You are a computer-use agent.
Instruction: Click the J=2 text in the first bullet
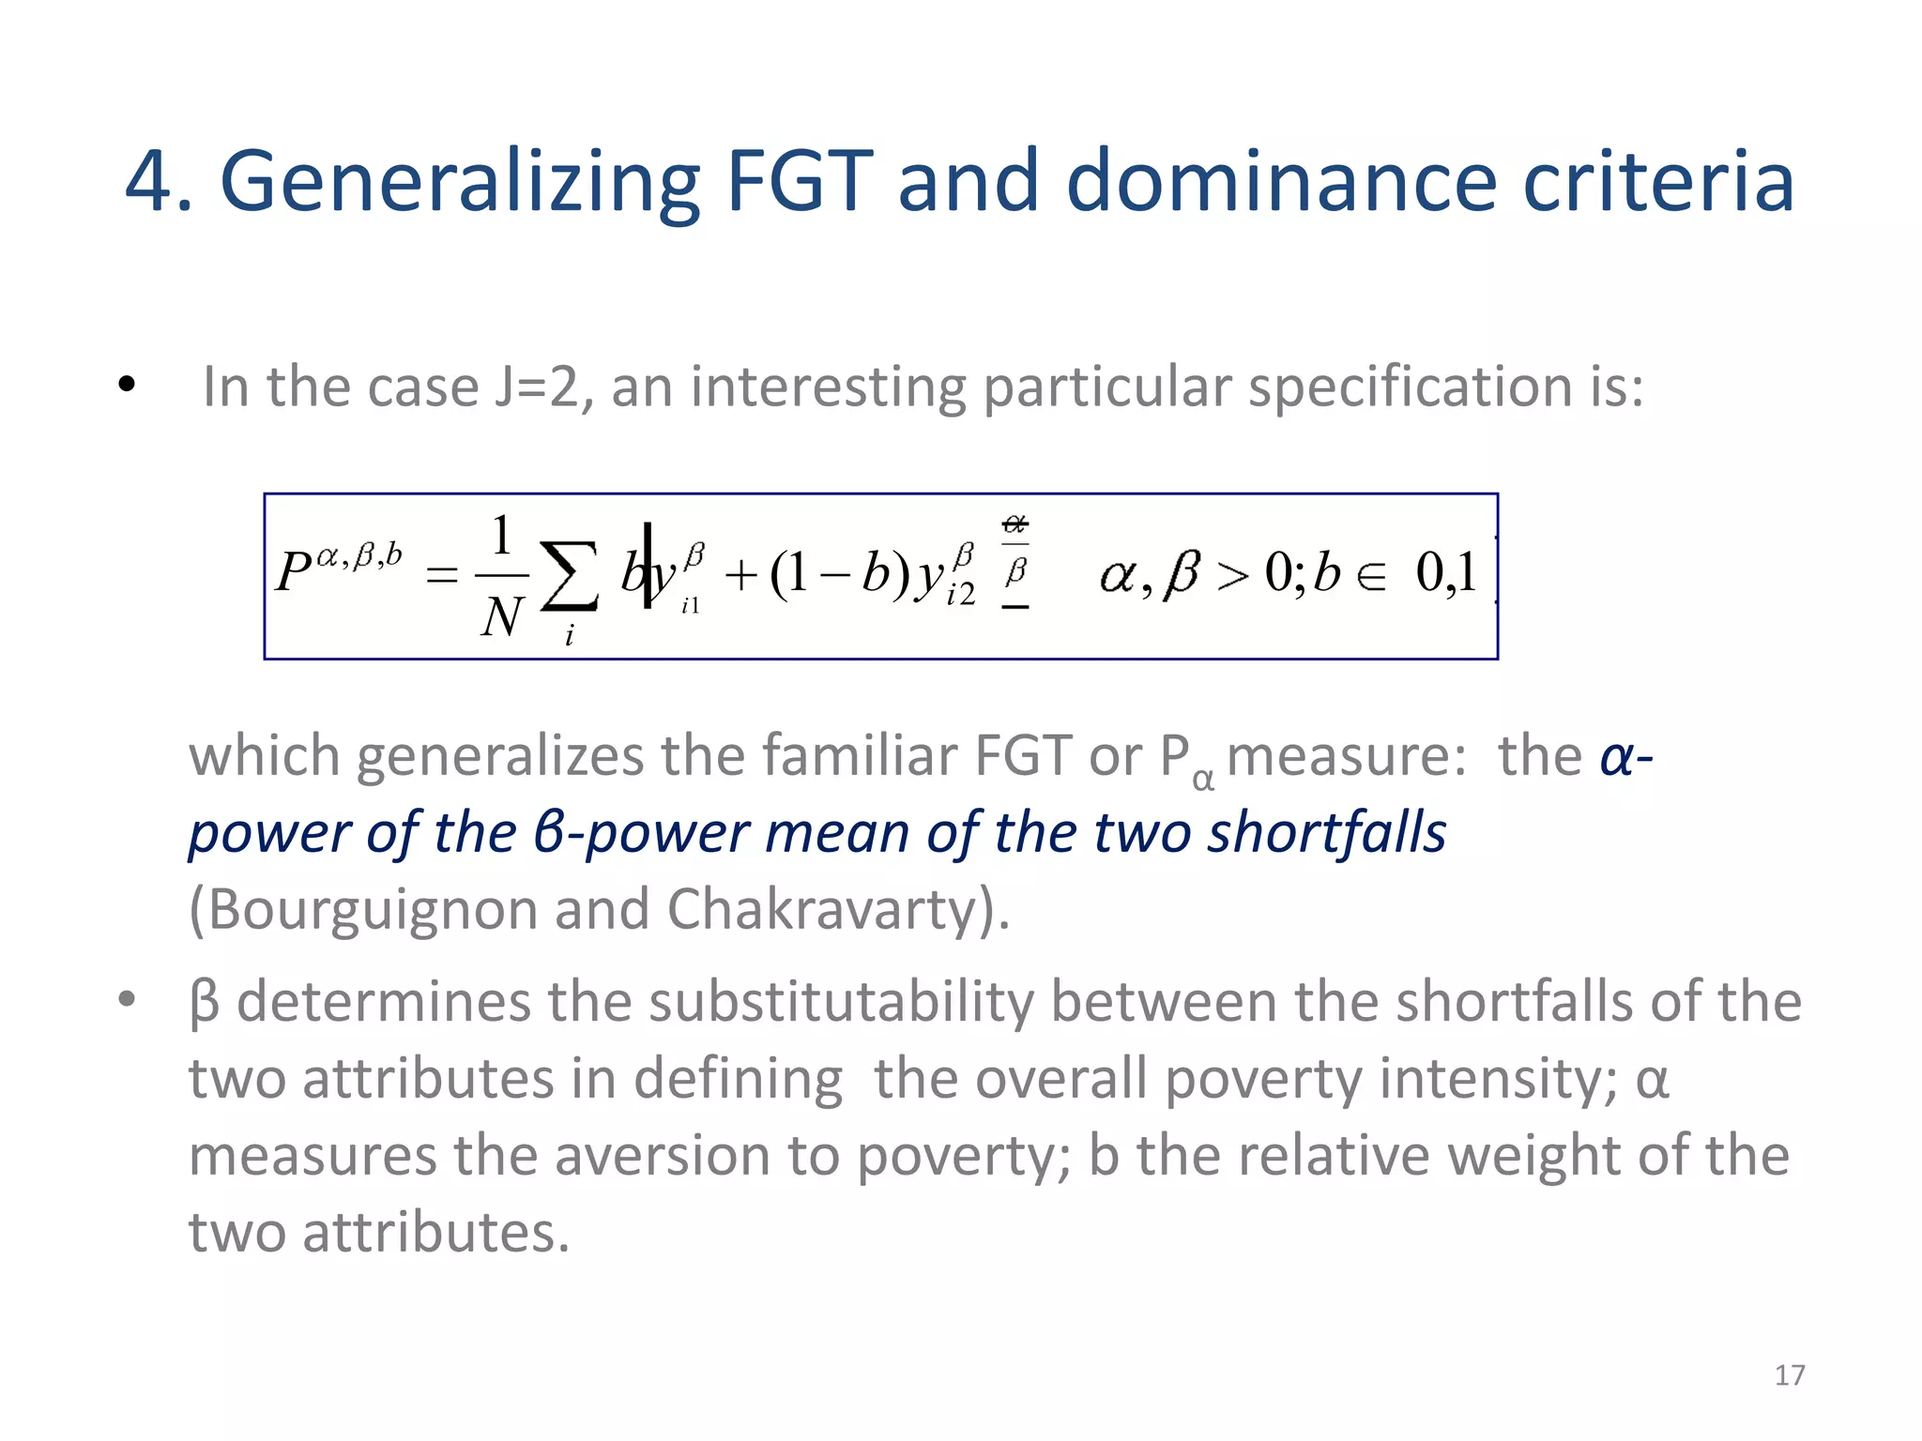(x=542, y=387)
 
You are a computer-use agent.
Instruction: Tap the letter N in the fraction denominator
(x=501, y=618)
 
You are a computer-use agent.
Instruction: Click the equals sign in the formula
(x=442, y=574)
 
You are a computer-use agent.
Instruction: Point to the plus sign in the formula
(x=741, y=575)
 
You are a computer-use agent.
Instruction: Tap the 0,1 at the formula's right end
(x=1445, y=572)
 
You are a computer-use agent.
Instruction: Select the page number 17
(x=1790, y=1375)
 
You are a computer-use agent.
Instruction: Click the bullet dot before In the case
(x=128, y=385)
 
